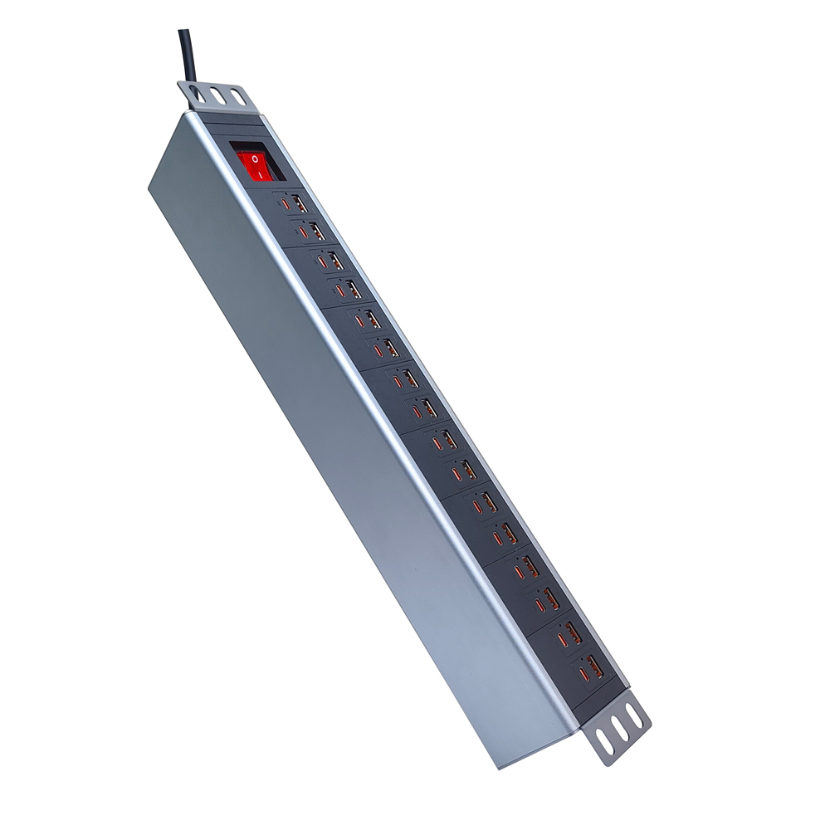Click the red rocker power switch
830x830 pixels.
point(254,164)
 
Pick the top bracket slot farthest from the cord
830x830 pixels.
point(238,99)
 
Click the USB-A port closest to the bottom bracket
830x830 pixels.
point(591,664)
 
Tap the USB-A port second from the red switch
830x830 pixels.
point(317,230)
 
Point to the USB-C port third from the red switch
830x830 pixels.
point(321,261)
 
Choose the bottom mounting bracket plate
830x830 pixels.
point(618,730)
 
